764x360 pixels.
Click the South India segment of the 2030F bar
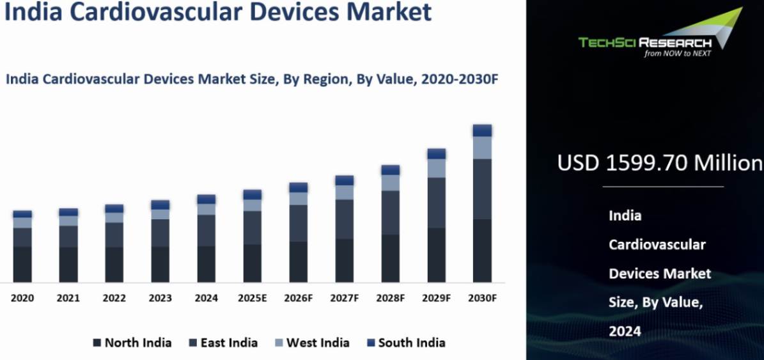click(482, 130)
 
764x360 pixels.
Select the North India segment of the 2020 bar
click(22, 264)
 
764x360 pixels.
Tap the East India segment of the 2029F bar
click(436, 203)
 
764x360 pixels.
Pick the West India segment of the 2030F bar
click(482, 148)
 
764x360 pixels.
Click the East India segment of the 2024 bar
click(207, 230)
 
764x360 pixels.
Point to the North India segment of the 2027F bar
click(344, 260)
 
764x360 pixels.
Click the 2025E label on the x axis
click(252, 298)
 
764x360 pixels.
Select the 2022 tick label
click(114, 298)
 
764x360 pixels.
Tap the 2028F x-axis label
click(390, 298)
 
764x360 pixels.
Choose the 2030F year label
click(482, 298)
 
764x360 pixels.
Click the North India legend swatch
click(97, 343)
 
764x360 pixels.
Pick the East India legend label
click(229, 343)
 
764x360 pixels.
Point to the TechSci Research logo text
click(644, 43)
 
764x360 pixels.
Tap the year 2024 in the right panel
click(625, 331)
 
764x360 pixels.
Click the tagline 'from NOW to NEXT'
click(678, 54)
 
